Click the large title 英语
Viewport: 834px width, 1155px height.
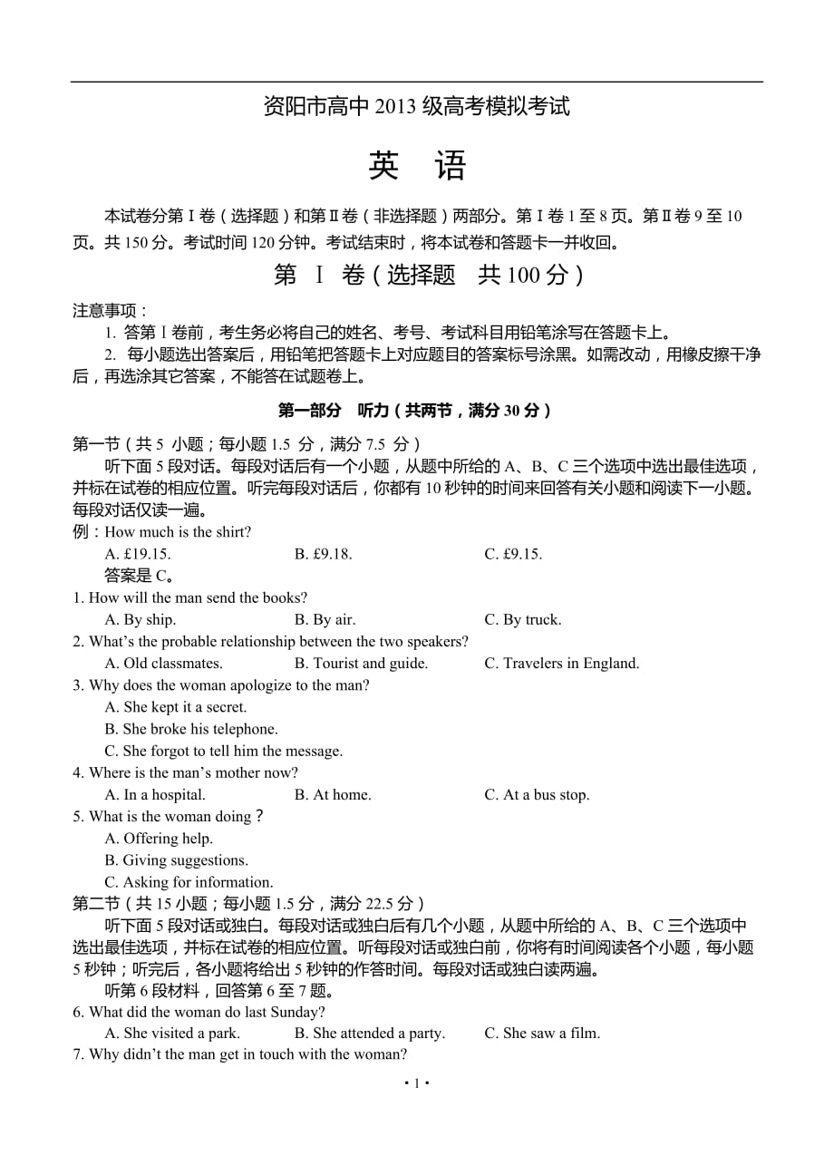coord(417,166)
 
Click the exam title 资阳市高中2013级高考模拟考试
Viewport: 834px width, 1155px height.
coord(417,107)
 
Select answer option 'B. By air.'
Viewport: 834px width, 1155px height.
coord(325,620)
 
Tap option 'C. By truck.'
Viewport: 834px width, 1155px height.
coord(522,620)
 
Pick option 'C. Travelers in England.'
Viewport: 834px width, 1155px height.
coord(561,664)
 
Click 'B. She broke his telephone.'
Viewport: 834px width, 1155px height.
coord(191,729)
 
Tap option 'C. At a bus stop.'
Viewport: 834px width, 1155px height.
coord(537,795)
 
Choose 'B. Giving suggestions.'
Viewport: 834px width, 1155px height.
coord(176,860)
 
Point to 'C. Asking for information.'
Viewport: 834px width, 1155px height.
coord(189,882)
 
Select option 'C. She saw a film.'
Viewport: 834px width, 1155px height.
coord(542,1034)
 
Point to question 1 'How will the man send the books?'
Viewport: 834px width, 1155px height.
coord(190,598)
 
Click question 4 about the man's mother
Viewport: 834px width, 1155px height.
coord(186,773)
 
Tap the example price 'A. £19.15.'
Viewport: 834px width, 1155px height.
coord(138,554)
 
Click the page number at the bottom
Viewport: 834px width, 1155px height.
coord(416,1083)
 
